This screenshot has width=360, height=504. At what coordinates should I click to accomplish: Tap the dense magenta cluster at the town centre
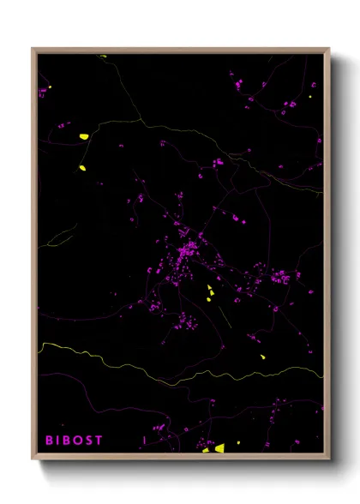coord(187,250)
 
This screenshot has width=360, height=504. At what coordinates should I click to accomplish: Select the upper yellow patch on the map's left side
coord(84,136)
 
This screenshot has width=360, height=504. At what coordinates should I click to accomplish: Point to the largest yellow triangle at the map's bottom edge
coord(219,447)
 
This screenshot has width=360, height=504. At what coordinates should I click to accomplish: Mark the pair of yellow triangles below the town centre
coord(210,294)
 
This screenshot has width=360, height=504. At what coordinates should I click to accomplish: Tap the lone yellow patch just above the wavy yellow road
coord(263,355)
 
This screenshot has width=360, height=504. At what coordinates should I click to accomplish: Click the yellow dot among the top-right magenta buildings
coord(310,96)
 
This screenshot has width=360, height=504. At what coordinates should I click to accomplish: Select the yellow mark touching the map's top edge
coord(103,57)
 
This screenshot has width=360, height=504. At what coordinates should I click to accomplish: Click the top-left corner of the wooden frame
coord(33,49)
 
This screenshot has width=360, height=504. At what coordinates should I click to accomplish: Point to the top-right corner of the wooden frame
coord(329,49)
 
